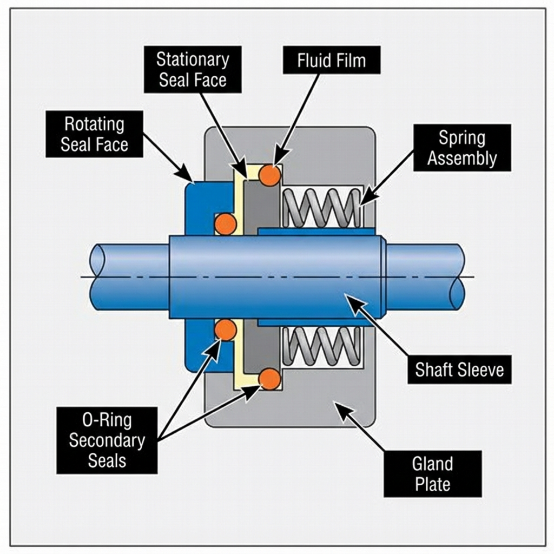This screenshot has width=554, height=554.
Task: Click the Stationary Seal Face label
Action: click(x=193, y=69)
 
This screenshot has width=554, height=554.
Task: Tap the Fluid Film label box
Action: click(x=331, y=60)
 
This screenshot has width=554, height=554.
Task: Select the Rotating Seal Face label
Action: click(x=94, y=134)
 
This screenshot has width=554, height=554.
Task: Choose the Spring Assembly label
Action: click(x=461, y=148)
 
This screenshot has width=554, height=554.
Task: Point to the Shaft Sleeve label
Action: click(x=459, y=370)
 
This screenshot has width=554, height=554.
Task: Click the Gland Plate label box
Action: click(x=432, y=473)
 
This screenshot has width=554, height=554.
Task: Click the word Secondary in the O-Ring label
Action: click(x=107, y=440)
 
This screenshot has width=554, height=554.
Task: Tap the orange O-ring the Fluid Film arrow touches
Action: click(x=269, y=175)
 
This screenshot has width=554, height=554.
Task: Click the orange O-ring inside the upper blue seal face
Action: click(x=226, y=223)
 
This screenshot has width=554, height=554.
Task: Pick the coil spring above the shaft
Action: click(x=322, y=208)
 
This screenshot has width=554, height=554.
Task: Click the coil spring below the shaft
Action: click(x=322, y=346)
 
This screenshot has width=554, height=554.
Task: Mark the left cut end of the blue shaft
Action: click(x=98, y=277)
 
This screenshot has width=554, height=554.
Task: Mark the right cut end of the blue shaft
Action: click(x=458, y=277)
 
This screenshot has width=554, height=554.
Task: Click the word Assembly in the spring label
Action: click(x=461, y=159)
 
